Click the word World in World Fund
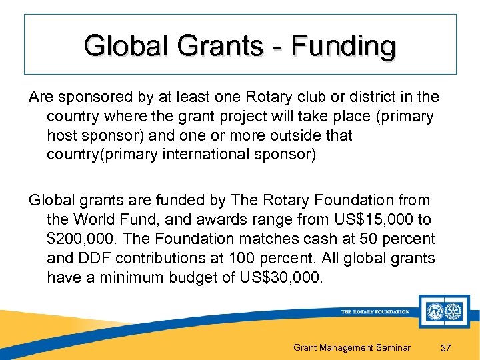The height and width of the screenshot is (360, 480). click(96, 219)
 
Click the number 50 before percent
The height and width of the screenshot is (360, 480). click(363, 239)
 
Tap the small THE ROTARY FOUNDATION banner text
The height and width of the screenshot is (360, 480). click(375, 311)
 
